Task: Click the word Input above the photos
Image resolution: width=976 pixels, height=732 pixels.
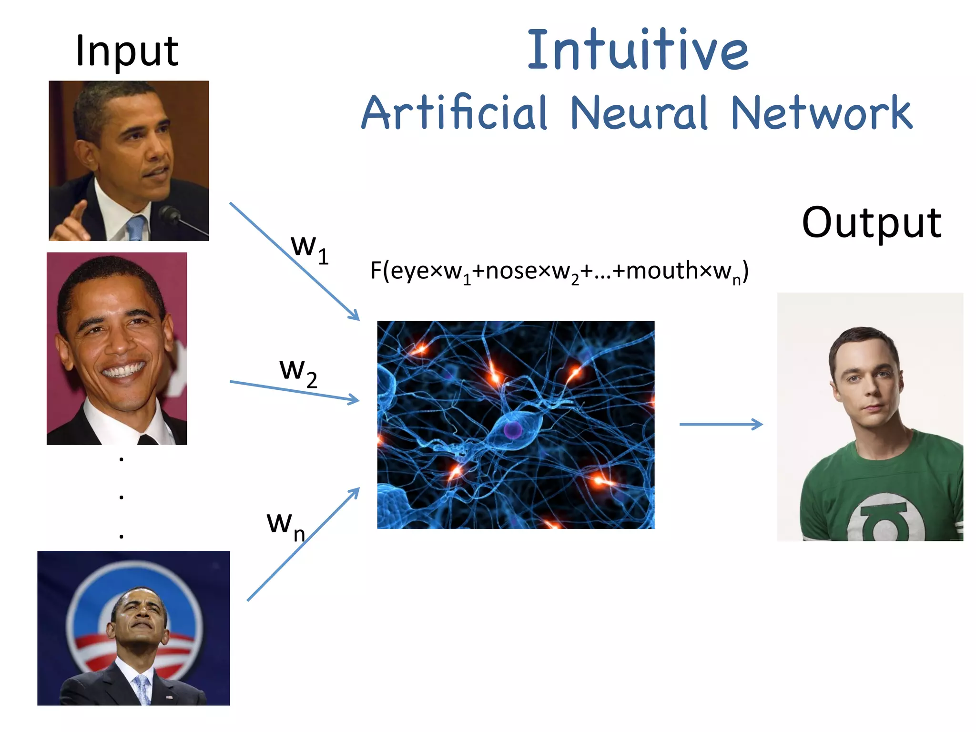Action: (x=127, y=51)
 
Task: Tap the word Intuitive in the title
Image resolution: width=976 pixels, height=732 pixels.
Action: (x=638, y=50)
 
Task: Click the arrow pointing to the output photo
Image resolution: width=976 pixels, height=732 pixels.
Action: (x=721, y=424)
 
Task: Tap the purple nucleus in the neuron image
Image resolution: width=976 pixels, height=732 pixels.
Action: (x=513, y=429)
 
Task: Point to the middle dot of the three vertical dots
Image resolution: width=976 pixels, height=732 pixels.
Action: (x=122, y=497)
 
